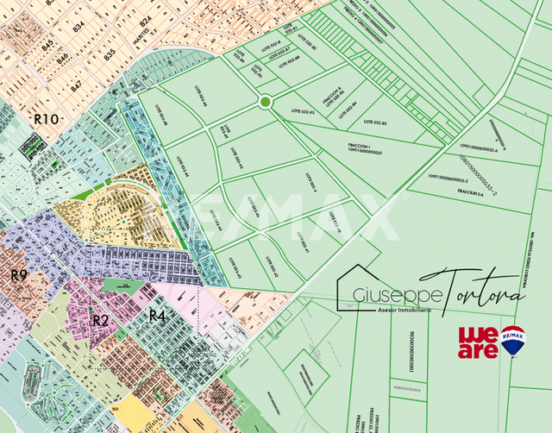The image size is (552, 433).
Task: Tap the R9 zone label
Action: [19, 275]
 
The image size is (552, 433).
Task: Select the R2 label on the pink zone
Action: [101, 321]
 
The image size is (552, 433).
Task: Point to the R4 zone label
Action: [157, 315]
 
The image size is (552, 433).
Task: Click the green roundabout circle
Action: [264, 103]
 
